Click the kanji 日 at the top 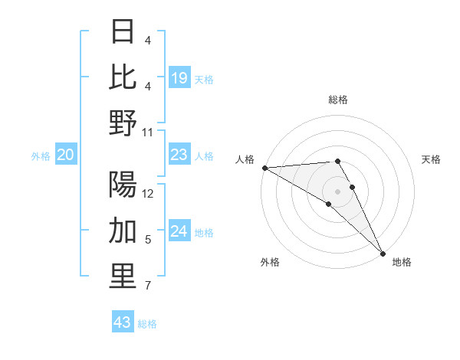pos(123,31)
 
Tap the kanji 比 pos(123,77)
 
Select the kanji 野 pos(123,123)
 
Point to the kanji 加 pos(123,231)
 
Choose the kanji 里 pos(123,277)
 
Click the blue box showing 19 pos(179,77)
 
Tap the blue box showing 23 pos(179,155)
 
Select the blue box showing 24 pos(179,232)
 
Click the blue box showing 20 pos(66,155)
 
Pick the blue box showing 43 pos(123,322)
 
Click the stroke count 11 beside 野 pos(148,132)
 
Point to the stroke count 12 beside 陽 pos(148,194)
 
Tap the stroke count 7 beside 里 pos(148,286)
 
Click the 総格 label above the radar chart pos(338,100)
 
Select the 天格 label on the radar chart pos(432,159)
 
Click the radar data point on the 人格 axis pos(264,167)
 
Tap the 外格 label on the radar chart pos(270,262)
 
